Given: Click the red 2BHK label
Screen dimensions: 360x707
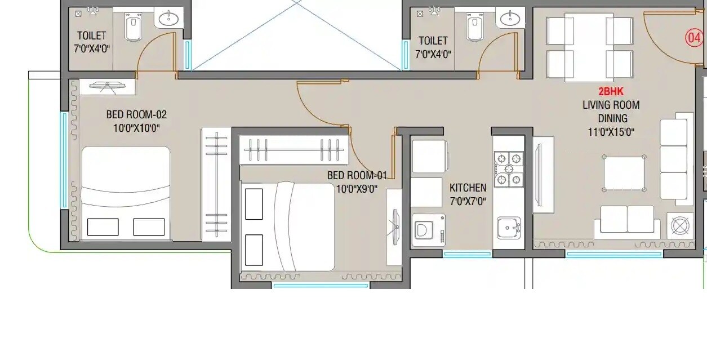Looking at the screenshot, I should point(611,91).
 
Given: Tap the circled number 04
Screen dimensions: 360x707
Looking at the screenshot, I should point(693,38).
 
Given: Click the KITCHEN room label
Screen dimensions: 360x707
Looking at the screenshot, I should point(468,188).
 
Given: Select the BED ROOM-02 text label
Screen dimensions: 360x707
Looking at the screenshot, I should point(136,114).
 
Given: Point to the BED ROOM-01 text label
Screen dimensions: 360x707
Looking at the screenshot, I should point(357,175).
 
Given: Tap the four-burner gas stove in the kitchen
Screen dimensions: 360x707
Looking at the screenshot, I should point(509,169).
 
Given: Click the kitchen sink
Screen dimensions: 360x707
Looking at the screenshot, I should point(508,228).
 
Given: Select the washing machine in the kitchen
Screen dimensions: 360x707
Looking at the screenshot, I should point(428,230).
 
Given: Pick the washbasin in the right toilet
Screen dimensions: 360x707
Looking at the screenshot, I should point(510,19).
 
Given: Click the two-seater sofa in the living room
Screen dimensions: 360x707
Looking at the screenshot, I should point(627,220).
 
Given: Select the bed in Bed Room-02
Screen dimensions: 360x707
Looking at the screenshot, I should point(126,193).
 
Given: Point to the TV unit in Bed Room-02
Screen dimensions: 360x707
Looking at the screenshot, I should point(107,87).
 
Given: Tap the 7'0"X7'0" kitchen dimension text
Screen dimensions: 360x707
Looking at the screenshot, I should point(468,201).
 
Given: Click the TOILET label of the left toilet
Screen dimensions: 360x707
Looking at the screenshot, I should point(91,35).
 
